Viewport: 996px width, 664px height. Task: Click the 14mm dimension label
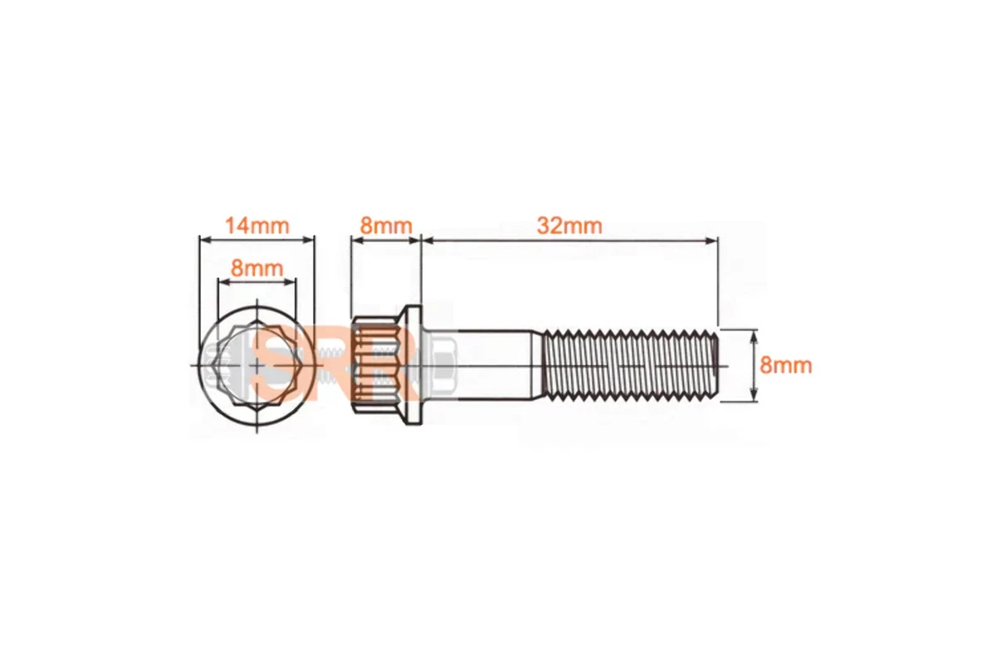(256, 225)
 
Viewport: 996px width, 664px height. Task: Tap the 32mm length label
(569, 225)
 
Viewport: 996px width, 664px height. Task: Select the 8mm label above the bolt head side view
(385, 225)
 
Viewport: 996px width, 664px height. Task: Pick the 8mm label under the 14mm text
(256, 268)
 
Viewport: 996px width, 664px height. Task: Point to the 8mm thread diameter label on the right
(786, 365)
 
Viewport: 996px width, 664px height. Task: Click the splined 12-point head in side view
(374, 365)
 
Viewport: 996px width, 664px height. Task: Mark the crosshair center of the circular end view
(257, 366)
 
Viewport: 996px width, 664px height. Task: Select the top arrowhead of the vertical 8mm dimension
(753, 334)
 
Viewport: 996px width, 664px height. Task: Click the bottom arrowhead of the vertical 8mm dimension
(753, 397)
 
